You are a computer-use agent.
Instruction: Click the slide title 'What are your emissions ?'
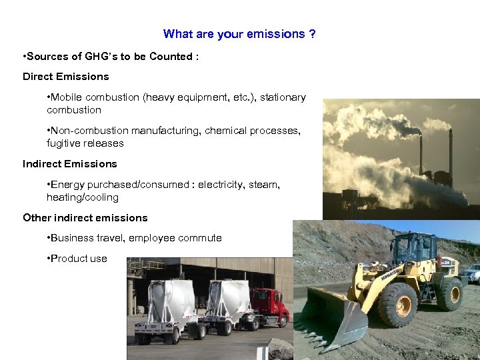pos(239,34)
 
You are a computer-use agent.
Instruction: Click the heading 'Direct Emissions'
pos(66,77)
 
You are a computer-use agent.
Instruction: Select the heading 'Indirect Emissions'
pos(70,164)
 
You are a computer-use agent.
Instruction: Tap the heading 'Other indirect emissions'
pos(85,218)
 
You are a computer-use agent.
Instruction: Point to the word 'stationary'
pos(283,97)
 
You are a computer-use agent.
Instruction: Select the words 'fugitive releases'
pos(85,143)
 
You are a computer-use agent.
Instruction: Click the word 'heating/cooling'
pos(83,197)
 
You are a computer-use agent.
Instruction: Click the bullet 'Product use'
pos(78,259)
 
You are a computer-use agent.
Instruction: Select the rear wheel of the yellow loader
pos(451,293)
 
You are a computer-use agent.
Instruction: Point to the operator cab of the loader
pos(413,249)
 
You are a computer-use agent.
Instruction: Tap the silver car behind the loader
pos(471,273)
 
